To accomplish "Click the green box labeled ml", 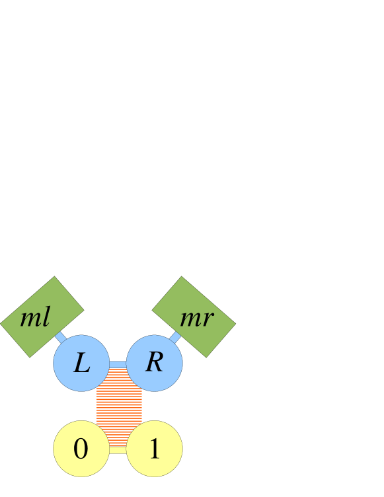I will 42,317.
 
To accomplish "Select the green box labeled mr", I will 194,317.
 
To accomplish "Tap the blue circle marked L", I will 81,363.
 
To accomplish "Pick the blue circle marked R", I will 154,363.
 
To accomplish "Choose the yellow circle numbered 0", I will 81,449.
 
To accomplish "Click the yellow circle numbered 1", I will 154,449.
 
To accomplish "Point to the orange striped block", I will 119,406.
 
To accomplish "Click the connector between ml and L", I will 61,338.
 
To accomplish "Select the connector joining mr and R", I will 174,338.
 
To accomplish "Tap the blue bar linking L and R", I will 118,364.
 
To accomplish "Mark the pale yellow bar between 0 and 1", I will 118,450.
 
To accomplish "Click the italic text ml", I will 35,319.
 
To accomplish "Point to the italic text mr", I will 196,319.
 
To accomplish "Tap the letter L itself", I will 81,363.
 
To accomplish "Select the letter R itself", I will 154,362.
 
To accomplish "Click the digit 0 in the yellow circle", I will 81,449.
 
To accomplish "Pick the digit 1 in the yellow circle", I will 154,449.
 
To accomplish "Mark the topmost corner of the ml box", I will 55,276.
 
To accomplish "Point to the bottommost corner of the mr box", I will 206,358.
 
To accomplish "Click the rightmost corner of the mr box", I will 236,324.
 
